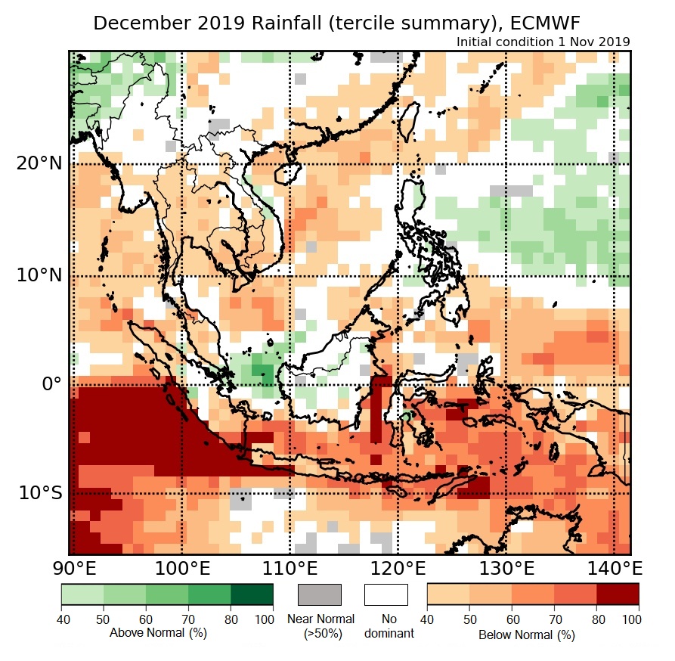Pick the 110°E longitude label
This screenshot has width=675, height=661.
pyautogui.click(x=290, y=568)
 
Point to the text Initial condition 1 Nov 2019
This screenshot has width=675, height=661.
pyautogui.click(x=543, y=42)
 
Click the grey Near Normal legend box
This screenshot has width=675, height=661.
pyautogui.click(x=320, y=594)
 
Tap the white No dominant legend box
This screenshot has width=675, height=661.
pyautogui.click(x=386, y=594)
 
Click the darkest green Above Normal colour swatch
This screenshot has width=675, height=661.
pyautogui.click(x=252, y=594)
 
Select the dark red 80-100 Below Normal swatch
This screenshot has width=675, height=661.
pyautogui.click(x=618, y=594)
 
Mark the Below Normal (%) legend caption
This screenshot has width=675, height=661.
pyautogui.click(x=526, y=635)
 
